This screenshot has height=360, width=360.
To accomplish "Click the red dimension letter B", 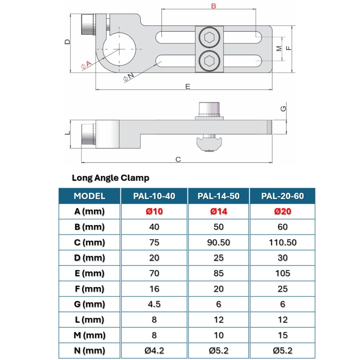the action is point(213,6).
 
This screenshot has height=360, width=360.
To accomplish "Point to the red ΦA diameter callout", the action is point(86,65).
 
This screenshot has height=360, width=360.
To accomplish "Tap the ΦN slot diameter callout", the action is point(129,77).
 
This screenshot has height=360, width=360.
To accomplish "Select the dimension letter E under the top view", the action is point(188,86).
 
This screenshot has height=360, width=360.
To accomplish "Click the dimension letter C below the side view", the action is point(178,159).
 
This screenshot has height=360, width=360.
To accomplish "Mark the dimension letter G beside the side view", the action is point(283,108).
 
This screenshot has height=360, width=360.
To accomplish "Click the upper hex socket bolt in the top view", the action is point(210,37).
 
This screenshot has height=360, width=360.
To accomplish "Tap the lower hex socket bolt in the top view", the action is point(210,61).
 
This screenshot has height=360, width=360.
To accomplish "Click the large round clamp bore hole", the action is point(119,49).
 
